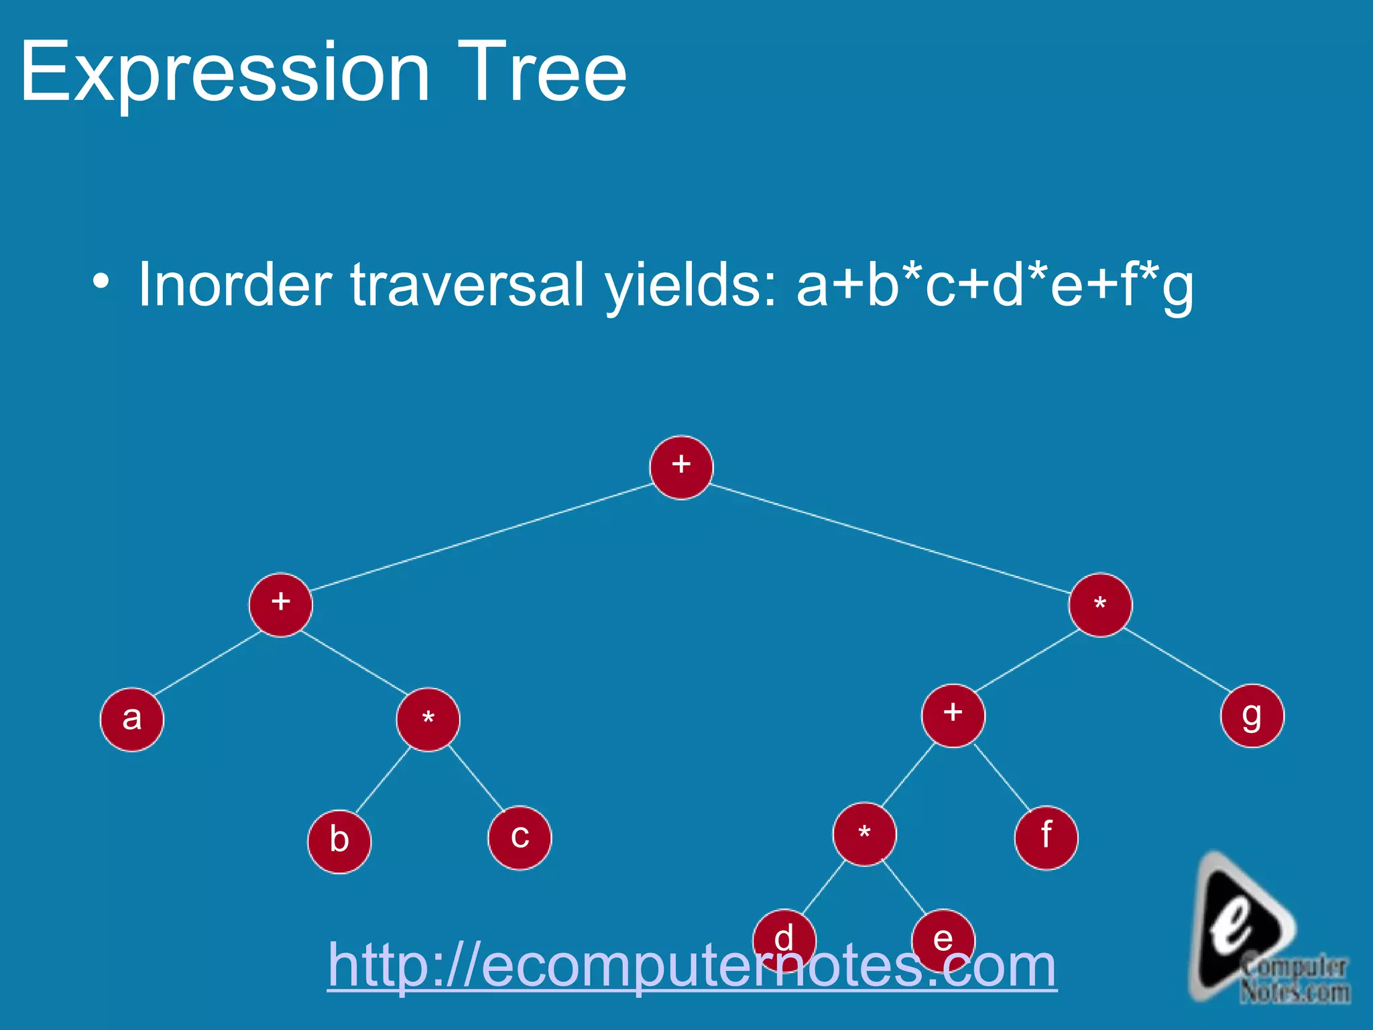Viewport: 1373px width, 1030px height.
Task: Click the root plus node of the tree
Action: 681,467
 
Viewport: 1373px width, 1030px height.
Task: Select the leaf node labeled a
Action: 132,720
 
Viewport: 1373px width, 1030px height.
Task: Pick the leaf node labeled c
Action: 520,838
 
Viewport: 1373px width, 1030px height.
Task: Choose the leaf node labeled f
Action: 1046,838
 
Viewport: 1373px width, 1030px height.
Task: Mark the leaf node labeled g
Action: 1252,716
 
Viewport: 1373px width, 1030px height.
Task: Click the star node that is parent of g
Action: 1100,605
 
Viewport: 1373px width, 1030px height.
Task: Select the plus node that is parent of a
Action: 281,605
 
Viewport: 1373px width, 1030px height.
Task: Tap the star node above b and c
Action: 428,720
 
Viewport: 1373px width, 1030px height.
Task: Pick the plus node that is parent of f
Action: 953,716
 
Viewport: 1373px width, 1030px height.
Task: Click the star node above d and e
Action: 864,834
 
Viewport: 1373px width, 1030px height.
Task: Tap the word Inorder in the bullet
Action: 235,285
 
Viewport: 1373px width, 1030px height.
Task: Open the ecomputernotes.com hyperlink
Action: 692,966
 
